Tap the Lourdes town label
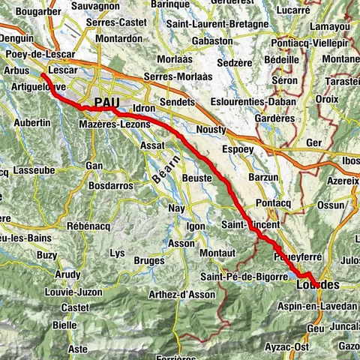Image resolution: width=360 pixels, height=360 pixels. tap(317, 285)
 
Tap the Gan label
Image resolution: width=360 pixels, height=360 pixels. tap(94, 165)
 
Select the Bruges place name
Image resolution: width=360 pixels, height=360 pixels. tap(148, 260)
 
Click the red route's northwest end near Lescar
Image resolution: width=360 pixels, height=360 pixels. tap(42, 75)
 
